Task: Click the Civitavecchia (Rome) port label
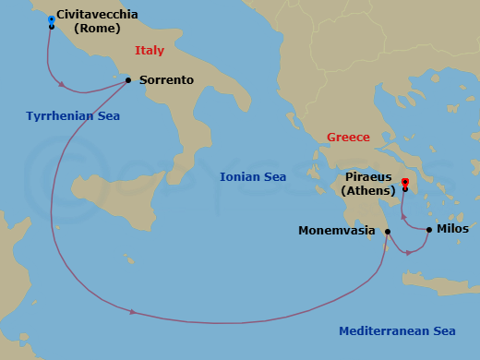click(97, 21)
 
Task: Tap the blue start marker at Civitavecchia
click(51, 19)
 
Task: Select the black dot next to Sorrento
click(127, 80)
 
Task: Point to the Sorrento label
click(166, 80)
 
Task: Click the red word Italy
click(150, 51)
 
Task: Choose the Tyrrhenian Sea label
click(73, 116)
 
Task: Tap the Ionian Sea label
click(253, 176)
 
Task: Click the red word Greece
click(348, 138)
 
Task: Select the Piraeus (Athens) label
click(368, 183)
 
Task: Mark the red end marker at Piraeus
click(404, 182)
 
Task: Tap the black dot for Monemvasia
click(388, 232)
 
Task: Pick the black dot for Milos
click(429, 229)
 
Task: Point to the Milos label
click(452, 229)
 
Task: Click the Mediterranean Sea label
click(397, 330)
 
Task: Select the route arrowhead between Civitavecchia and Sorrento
click(62, 86)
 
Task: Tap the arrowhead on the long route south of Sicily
click(134, 312)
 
